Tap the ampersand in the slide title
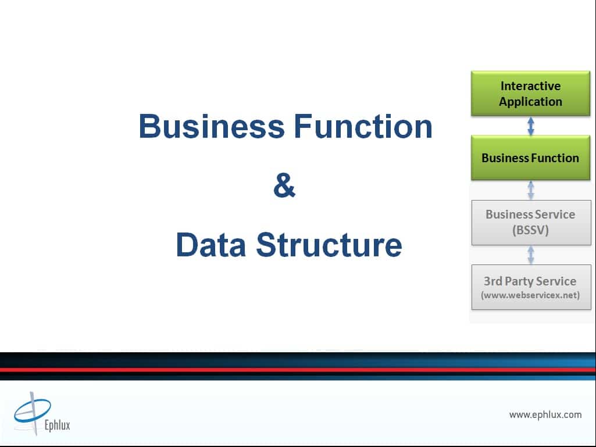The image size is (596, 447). (284, 185)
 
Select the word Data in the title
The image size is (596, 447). (211, 244)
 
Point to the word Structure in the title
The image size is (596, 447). (329, 244)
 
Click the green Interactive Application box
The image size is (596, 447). (531, 94)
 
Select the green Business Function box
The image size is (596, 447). (531, 158)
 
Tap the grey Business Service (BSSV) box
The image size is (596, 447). (531, 223)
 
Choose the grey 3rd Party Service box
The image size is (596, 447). (531, 287)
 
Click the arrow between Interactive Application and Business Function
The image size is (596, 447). (531, 126)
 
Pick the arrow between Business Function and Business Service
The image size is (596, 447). (531, 190)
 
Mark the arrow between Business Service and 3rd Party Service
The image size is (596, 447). (531, 255)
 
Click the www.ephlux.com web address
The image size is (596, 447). (545, 414)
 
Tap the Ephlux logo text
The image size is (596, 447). (58, 424)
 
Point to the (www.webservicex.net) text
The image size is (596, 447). (530, 295)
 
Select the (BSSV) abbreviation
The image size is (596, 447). (531, 230)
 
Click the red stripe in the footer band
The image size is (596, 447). (298, 370)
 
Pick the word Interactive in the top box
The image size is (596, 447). (531, 86)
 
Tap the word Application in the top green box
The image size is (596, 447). (531, 102)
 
